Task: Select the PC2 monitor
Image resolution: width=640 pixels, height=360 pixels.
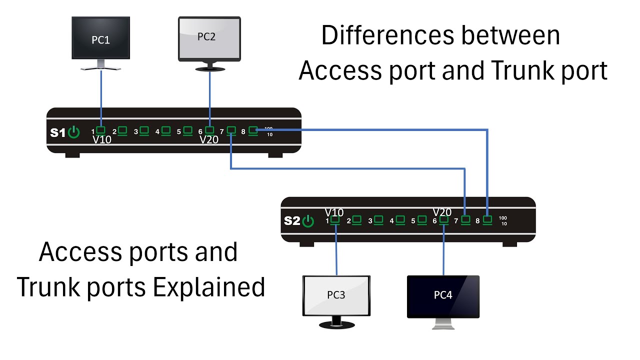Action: [x=209, y=39]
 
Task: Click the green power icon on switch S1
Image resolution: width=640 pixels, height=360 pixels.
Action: [x=73, y=132]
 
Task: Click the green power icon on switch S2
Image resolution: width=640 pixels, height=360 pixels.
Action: [x=307, y=221]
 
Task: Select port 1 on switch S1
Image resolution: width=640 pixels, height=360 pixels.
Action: [x=100, y=130]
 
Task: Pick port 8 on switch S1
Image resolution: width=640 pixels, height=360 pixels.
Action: [x=253, y=130]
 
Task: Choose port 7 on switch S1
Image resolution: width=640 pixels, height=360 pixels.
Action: [x=231, y=130]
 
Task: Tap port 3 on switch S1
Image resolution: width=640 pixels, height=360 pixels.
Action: [x=144, y=130]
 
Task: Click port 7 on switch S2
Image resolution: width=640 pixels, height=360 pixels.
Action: [x=465, y=219]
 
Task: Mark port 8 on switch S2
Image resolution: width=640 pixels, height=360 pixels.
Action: [x=487, y=219]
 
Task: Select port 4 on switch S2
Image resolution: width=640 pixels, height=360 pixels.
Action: [x=400, y=219]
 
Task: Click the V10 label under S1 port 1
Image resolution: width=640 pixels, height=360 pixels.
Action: [x=102, y=140]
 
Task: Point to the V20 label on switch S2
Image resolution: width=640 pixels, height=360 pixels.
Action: [x=442, y=212]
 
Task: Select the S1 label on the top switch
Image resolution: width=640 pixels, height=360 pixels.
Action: [x=57, y=133]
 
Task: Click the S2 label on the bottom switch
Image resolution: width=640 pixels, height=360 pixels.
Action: [x=291, y=221]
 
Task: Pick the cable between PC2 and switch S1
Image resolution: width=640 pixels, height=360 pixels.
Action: [x=209, y=97]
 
